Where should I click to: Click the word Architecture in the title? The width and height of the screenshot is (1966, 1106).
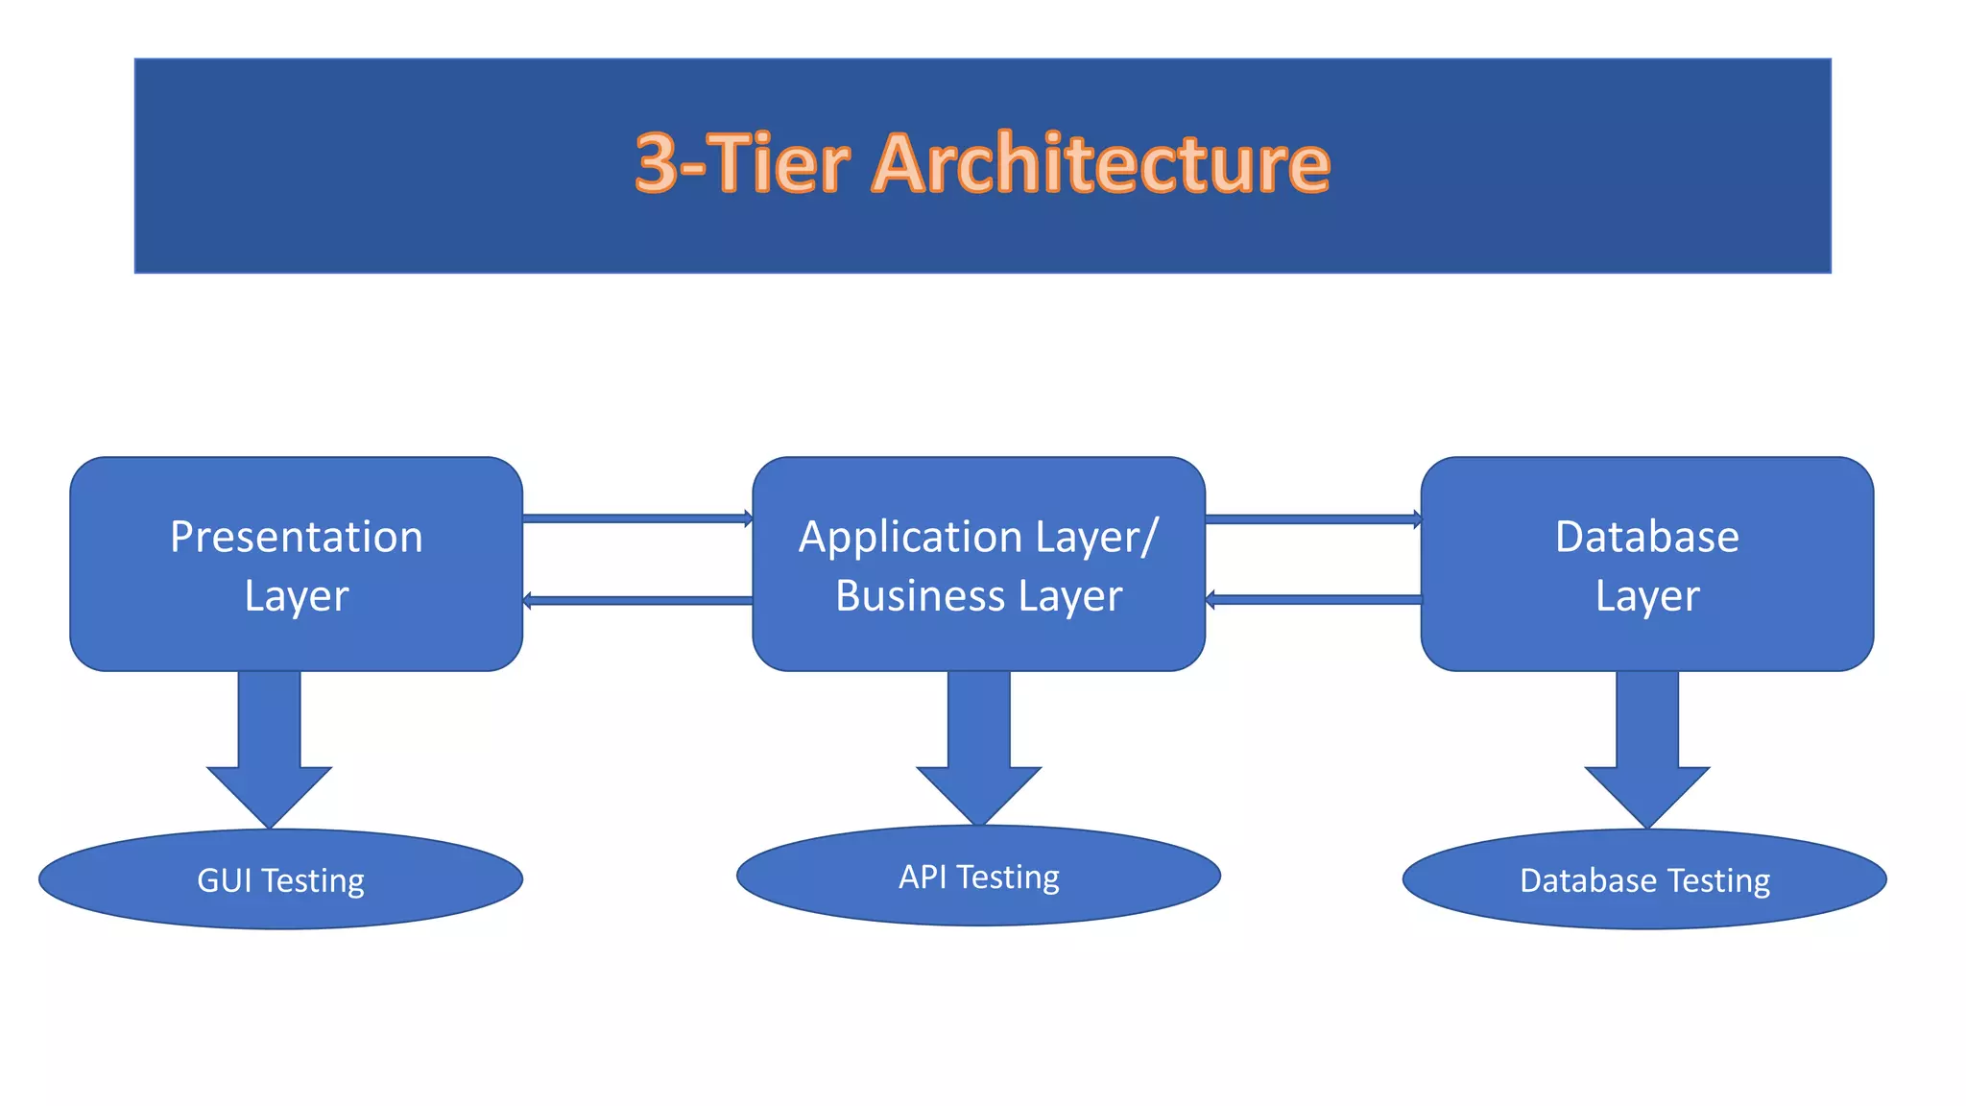[1101, 163]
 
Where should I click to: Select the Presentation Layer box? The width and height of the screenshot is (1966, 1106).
[296, 565]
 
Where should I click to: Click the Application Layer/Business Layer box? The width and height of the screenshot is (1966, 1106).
[978, 565]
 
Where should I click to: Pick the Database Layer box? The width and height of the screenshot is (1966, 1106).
[1646, 565]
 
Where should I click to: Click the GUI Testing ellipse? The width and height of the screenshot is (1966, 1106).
[280, 879]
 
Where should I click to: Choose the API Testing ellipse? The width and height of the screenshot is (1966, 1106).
[978, 876]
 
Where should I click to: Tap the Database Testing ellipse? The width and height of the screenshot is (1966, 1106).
[1644, 879]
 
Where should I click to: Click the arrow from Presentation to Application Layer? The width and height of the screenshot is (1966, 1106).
[637, 518]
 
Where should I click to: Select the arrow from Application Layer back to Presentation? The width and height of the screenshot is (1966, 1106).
[637, 601]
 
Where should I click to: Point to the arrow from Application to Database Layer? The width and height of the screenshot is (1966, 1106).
[1312, 519]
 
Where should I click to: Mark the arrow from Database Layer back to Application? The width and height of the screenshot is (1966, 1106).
[1312, 600]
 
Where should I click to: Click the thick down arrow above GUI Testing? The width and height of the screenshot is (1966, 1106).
[269, 749]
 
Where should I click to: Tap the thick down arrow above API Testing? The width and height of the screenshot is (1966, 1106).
[978, 747]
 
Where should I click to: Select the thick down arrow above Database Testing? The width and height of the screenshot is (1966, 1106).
[1646, 749]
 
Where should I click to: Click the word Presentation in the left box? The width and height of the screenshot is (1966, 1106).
[296, 537]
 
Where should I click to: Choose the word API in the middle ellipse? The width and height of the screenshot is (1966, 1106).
[923, 877]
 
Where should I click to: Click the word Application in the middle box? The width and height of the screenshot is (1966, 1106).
[898, 537]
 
